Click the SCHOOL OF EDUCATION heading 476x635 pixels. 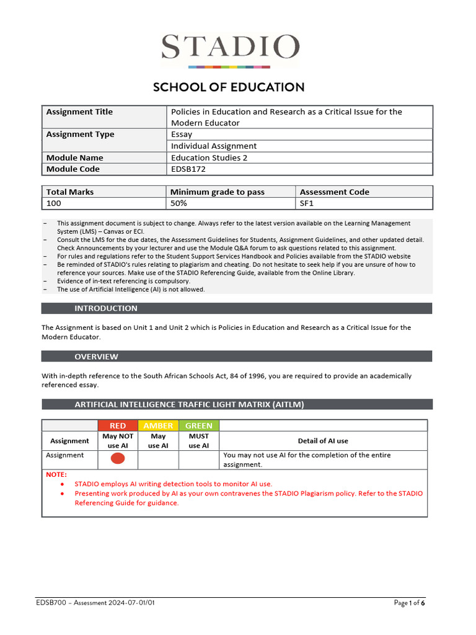click(229, 87)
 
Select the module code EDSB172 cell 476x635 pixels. click(188, 169)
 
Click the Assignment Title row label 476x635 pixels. click(79, 112)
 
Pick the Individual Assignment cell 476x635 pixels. click(213, 146)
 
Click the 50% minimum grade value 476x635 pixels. click(179, 203)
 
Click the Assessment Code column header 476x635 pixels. click(334, 192)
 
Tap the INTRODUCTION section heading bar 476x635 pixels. click(237, 308)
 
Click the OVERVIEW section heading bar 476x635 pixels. click(237, 357)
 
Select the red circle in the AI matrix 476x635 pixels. click(118, 459)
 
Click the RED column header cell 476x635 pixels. click(118, 425)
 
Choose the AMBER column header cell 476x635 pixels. click(158, 425)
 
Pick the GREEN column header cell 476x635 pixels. click(198, 425)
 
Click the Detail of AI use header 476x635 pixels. click(323, 441)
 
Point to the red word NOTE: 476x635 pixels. click(56, 474)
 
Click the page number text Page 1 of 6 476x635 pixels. click(409, 603)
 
